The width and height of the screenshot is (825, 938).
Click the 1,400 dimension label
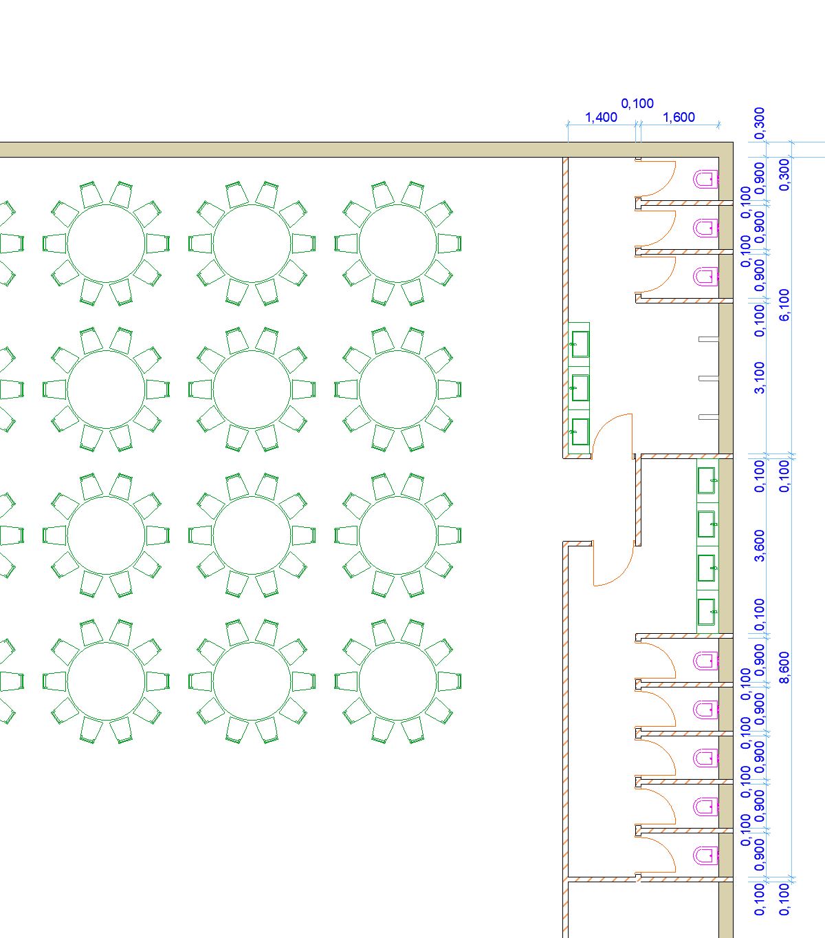(601, 118)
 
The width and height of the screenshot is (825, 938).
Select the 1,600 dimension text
(679, 118)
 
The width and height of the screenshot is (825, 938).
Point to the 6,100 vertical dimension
(784, 303)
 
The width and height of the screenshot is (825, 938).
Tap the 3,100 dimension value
(759, 377)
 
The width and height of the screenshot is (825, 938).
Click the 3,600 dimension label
(759, 545)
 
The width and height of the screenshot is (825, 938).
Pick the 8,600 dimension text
(784, 668)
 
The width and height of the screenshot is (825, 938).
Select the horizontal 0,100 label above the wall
(637, 104)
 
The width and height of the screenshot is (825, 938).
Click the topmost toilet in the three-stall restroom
(706, 180)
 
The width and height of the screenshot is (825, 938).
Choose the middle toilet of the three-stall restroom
(706, 228)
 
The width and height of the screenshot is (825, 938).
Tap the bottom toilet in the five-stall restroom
(706, 855)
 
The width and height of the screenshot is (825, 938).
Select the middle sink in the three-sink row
(580, 388)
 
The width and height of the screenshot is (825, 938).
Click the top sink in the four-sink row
(706, 480)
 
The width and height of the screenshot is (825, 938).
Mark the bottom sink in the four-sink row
(706, 611)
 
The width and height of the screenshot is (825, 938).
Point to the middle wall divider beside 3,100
(708, 379)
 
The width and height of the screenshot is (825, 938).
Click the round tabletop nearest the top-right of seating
(398, 244)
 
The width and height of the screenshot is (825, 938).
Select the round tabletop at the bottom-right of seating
(398, 681)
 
